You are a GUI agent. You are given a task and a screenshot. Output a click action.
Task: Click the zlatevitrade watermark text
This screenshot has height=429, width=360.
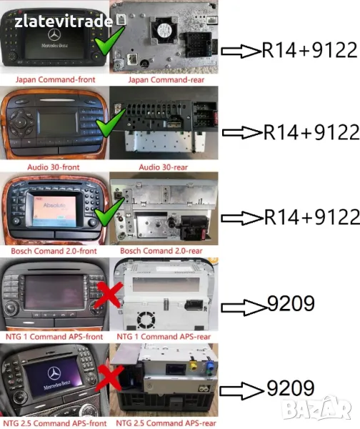click(64, 21)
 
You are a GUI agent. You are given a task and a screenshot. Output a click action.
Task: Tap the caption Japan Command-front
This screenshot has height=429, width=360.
click(55, 79)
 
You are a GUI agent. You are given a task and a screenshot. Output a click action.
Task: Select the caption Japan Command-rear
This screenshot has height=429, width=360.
click(166, 79)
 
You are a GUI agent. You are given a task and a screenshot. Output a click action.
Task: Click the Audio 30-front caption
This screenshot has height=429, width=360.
click(54, 167)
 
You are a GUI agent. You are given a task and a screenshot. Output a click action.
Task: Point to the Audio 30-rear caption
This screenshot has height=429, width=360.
click(163, 167)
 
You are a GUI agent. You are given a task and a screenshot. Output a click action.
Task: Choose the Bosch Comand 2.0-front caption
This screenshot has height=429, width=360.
click(54, 251)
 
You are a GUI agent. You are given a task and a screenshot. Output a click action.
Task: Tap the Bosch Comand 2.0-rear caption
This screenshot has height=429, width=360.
click(161, 251)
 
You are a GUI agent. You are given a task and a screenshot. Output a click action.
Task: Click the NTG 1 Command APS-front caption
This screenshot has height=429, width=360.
click(54, 337)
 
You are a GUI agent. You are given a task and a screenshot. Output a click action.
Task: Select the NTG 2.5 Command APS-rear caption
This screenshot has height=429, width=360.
click(166, 423)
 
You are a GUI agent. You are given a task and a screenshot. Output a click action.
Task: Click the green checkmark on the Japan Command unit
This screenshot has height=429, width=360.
click(109, 41)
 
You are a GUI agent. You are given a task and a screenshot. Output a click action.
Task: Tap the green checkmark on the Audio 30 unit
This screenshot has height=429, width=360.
click(110, 122)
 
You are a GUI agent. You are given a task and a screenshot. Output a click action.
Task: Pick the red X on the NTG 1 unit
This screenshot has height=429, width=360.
click(109, 295)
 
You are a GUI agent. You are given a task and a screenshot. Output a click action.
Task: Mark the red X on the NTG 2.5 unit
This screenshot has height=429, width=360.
click(109, 378)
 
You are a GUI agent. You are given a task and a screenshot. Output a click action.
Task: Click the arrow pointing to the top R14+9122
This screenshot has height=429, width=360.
click(241, 51)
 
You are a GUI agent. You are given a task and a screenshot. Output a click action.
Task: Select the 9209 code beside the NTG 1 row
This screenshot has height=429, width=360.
click(291, 303)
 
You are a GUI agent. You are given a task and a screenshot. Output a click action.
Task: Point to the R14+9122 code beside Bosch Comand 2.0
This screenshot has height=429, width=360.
click(312, 217)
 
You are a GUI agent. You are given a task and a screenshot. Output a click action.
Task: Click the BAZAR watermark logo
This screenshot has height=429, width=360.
click(316, 409)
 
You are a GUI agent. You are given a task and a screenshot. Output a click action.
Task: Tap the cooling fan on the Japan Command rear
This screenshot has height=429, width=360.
click(164, 30)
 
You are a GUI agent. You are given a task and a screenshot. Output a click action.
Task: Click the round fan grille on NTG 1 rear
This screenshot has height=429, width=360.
click(146, 320)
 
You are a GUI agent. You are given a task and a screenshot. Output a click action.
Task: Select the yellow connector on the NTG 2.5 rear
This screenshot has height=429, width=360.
click(194, 365)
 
